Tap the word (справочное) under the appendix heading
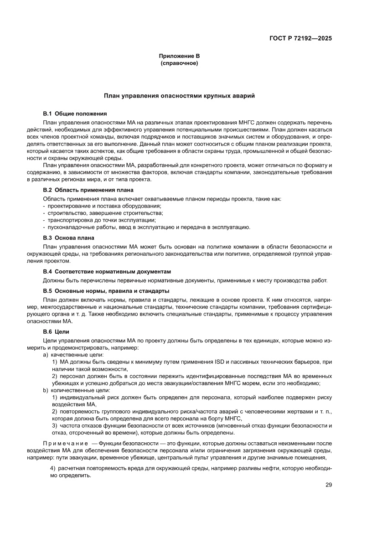point(179,63)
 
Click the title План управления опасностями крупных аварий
point(179,96)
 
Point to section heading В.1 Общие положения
point(75,113)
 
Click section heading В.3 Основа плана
point(68,238)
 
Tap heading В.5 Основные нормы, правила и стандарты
point(106,290)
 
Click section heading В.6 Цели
point(56,331)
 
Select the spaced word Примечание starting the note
point(65,444)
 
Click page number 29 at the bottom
point(328,485)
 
